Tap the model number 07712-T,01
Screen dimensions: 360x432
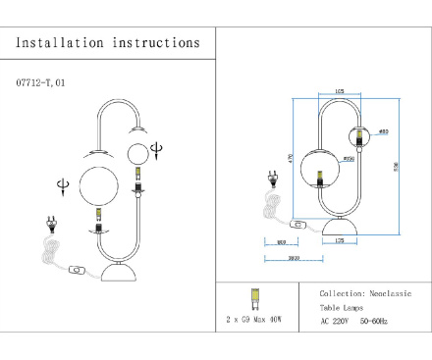coord(40,84)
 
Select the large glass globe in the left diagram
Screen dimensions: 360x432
coord(99,185)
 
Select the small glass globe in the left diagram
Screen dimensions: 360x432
coord(138,153)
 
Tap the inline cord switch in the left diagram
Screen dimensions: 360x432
coord(76,269)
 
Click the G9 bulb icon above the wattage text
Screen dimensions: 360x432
coord(254,297)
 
